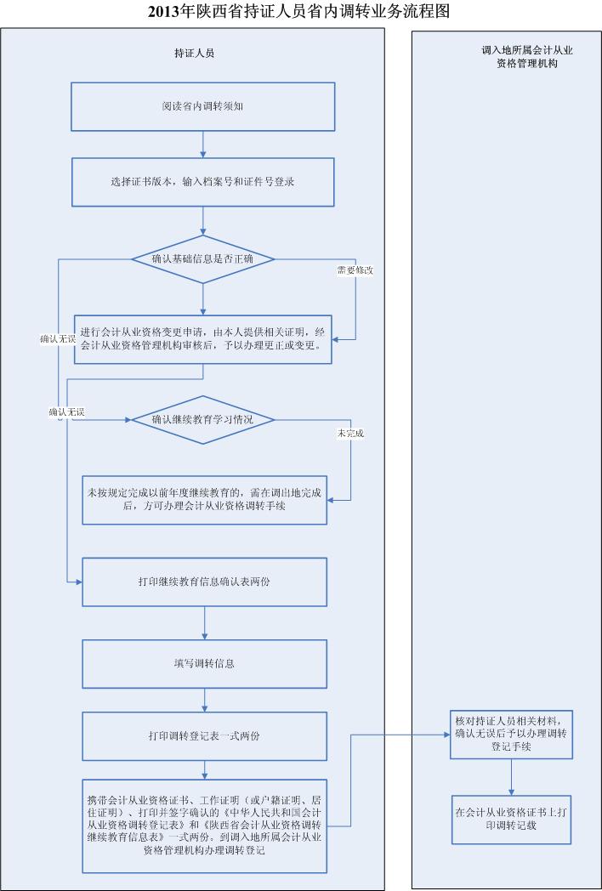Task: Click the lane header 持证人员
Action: click(x=194, y=53)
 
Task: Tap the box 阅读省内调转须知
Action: click(x=204, y=107)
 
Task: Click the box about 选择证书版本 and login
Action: click(x=204, y=182)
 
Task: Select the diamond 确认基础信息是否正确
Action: click(x=204, y=258)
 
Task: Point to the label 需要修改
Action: click(x=353, y=270)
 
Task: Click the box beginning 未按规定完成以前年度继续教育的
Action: click(x=204, y=500)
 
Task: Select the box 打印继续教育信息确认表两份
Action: click(x=204, y=582)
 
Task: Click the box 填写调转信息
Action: click(x=204, y=663)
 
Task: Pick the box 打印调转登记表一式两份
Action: click(x=204, y=735)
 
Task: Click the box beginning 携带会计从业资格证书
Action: click(x=204, y=825)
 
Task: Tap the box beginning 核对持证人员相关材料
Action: click(x=511, y=734)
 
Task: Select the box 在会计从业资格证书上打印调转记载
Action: click(x=511, y=819)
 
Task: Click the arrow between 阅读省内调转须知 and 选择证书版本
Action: click(x=204, y=146)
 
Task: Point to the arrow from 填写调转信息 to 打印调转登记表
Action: click(x=204, y=700)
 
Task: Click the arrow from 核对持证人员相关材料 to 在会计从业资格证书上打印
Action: click(x=511, y=777)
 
